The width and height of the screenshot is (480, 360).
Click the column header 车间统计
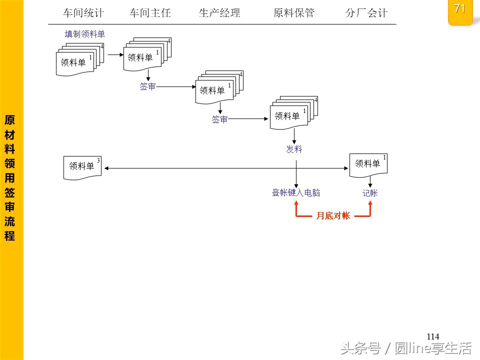pyautogui.click(x=83, y=13)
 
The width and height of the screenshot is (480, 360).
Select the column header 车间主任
pyautogui.click(x=150, y=13)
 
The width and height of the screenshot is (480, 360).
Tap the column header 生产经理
pyautogui.click(x=219, y=13)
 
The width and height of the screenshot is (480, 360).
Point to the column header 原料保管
pyautogui.click(x=294, y=13)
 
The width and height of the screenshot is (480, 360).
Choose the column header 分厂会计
pyautogui.click(x=366, y=13)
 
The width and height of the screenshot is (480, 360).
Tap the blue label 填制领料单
pyautogui.click(x=85, y=34)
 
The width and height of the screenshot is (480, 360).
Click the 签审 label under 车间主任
pyautogui.click(x=147, y=86)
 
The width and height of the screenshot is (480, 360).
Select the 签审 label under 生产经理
pyautogui.click(x=219, y=119)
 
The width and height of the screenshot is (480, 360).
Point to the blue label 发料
pyautogui.click(x=294, y=149)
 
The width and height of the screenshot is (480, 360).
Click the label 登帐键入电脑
pyautogui.click(x=296, y=192)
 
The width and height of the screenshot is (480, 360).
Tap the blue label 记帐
pyautogui.click(x=370, y=193)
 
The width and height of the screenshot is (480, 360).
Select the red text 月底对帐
pyautogui.click(x=333, y=216)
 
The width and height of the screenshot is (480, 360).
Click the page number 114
pyautogui.click(x=433, y=336)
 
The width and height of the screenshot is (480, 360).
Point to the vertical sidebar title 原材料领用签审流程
pyautogui.click(x=10, y=177)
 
